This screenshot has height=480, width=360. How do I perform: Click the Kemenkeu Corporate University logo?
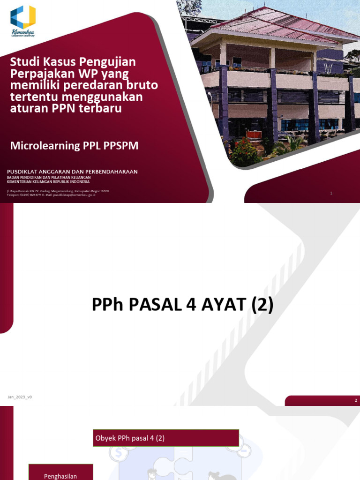22,20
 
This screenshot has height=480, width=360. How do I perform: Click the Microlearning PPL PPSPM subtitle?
74,145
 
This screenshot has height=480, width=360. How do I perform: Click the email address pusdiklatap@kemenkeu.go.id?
75,195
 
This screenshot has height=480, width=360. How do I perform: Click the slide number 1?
331,193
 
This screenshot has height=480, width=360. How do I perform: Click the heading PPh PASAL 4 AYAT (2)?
182,306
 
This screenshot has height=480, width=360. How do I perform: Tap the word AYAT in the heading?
221,306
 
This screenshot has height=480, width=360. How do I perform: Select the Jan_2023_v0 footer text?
19,397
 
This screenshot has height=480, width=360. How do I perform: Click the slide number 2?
356,400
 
